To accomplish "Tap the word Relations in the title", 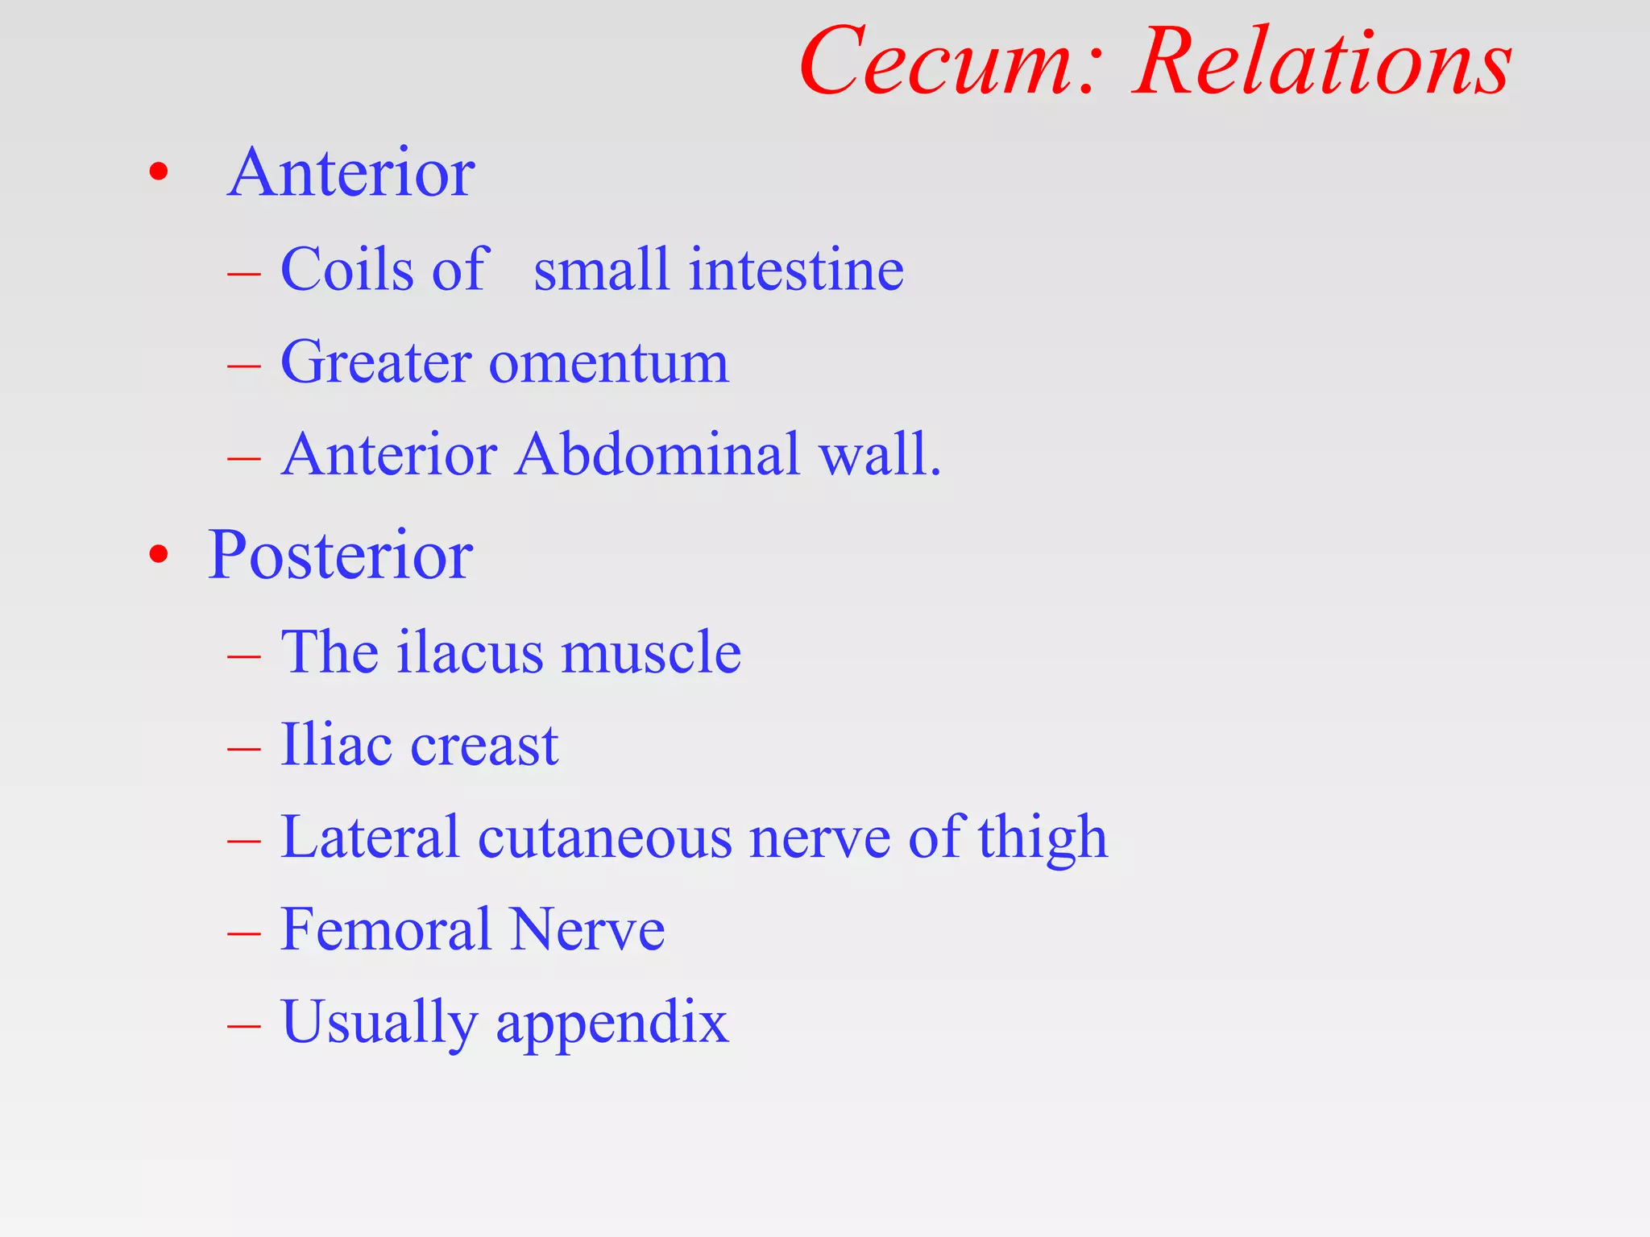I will coord(1321,63).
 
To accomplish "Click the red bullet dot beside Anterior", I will coord(159,172).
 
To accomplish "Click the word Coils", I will coord(347,269).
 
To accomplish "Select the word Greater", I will coord(375,362).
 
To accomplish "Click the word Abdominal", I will coord(657,454).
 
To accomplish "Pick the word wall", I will coord(879,454).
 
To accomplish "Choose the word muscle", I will coord(651,652).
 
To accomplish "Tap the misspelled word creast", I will coord(484,745).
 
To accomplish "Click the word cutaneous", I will coord(603,838).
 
